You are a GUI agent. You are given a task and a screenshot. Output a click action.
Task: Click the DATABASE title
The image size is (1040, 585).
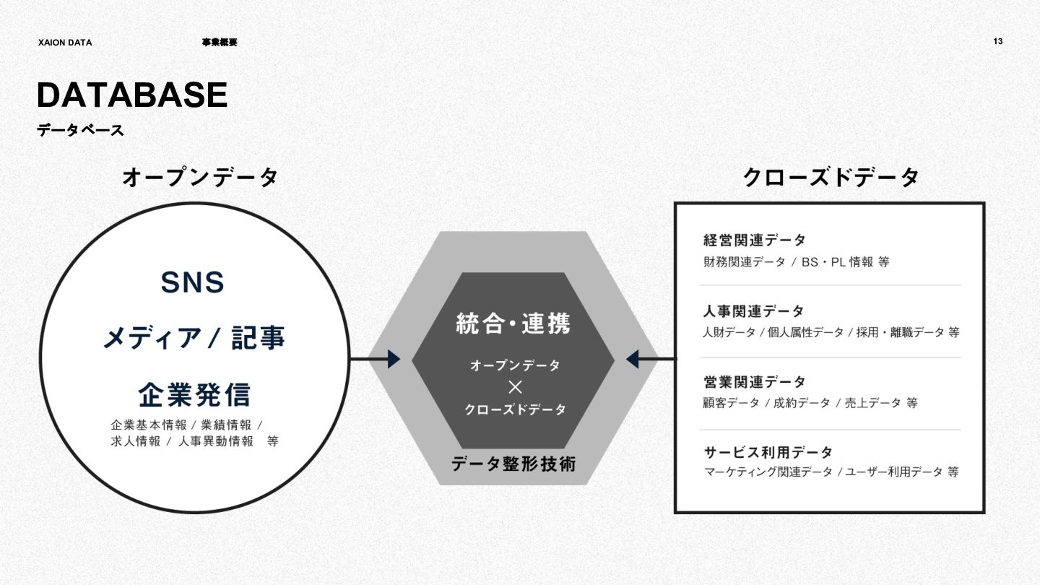tap(132, 95)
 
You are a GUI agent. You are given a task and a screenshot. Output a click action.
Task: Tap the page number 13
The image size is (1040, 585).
tap(997, 41)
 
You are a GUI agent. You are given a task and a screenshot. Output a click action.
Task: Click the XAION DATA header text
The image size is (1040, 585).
tap(65, 43)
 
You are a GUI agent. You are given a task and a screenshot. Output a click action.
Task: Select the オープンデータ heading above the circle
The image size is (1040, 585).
tap(200, 177)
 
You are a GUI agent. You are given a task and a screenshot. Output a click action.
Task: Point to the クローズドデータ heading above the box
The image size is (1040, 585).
tap(831, 177)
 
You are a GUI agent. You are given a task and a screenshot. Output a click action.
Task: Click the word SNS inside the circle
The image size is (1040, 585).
tap(192, 282)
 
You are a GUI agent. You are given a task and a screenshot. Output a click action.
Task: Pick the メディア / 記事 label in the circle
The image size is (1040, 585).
tap(194, 338)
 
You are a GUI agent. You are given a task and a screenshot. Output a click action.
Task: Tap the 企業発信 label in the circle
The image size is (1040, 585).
tap(194, 394)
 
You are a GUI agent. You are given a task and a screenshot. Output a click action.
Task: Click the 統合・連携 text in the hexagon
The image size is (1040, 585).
tap(513, 323)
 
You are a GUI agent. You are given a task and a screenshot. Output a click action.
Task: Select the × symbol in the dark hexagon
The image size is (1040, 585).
tap(515, 386)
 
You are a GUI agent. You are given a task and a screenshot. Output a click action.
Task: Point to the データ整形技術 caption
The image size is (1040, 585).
tap(513, 464)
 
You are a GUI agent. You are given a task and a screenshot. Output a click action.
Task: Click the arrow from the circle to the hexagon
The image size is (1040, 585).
tap(376, 359)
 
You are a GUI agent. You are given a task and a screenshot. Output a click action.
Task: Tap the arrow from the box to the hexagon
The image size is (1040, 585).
tap(651, 359)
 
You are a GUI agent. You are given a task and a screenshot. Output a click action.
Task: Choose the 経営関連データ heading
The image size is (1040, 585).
tap(755, 240)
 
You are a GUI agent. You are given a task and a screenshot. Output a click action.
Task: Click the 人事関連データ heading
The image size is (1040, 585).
tap(753, 311)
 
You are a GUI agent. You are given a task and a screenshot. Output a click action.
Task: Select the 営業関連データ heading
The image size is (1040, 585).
tap(755, 381)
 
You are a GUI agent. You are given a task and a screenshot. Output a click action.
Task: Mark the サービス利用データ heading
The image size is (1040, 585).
tap(768, 452)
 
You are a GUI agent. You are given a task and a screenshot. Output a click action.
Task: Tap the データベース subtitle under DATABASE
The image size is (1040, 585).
tap(80, 131)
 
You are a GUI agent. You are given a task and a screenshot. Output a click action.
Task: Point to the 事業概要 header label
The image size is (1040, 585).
tap(220, 43)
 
